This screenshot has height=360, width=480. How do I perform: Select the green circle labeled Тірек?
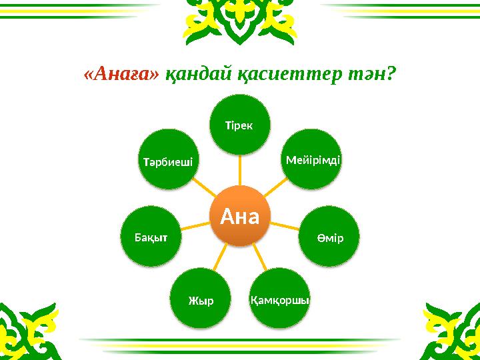[x=240, y=125]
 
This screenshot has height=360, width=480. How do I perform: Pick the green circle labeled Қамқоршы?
[x=281, y=299]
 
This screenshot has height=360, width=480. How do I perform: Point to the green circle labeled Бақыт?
[x=150, y=237]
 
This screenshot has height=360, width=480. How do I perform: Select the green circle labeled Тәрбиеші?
[x=169, y=160]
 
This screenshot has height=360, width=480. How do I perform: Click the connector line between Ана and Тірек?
[x=240, y=170]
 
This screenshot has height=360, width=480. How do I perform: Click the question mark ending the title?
[x=391, y=75]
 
